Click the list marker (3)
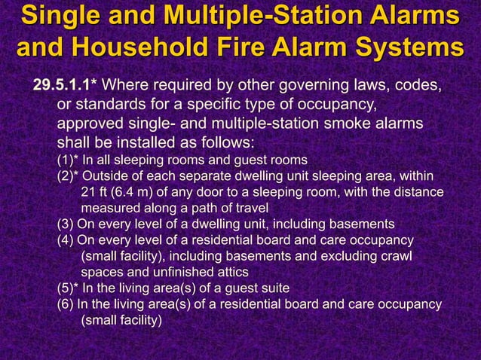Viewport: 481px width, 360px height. pyautogui.click(x=66, y=224)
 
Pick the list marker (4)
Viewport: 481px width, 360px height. pyautogui.click(x=66, y=240)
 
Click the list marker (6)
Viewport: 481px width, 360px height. pyautogui.click(x=66, y=304)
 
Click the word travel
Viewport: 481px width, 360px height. pyautogui.click(x=250, y=208)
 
